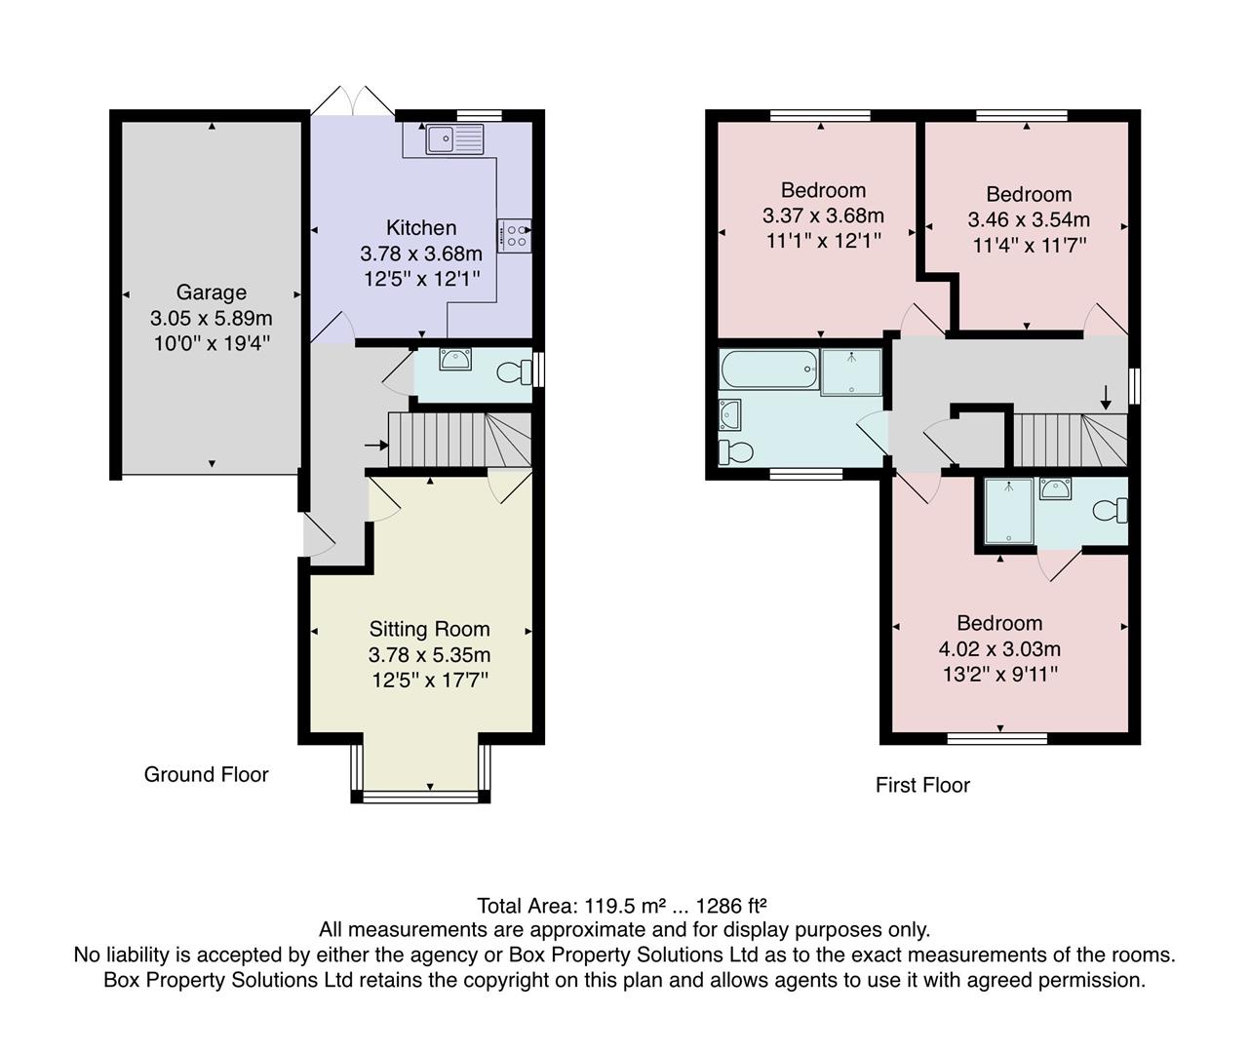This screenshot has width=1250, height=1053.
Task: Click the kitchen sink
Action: click(x=454, y=139)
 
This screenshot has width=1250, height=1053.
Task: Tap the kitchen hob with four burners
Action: click(x=515, y=235)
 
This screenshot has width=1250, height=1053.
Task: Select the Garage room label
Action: click(x=211, y=292)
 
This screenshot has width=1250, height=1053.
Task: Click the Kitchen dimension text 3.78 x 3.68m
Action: click(x=421, y=253)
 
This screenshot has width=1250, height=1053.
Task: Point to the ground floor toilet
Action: click(x=513, y=371)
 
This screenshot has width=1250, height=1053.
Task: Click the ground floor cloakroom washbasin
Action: click(x=454, y=360)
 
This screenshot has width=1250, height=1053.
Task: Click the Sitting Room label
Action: click(x=429, y=630)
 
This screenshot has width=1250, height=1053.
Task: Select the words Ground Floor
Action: click(x=206, y=774)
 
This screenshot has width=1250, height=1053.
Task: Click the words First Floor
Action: click(x=922, y=785)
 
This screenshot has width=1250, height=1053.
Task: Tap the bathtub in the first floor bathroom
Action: click(x=768, y=370)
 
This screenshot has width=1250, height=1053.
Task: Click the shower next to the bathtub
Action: click(x=851, y=371)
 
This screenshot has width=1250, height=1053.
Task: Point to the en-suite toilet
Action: click(x=1110, y=510)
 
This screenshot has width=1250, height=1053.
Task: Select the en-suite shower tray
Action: click(x=1007, y=511)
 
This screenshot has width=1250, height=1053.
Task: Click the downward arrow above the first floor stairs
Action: click(x=1106, y=397)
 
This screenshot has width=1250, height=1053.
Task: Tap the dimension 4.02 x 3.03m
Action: click(x=999, y=648)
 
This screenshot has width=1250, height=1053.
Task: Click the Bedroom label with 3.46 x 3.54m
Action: click(x=1029, y=194)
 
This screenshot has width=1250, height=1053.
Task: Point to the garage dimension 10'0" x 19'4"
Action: click(x=211, y=343)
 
